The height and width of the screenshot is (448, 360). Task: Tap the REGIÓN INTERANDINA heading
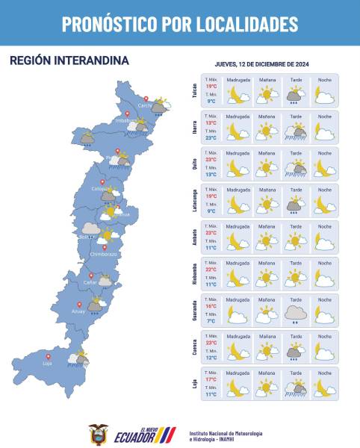69,60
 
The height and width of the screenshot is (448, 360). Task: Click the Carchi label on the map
144,106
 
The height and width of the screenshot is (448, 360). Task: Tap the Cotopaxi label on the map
100,190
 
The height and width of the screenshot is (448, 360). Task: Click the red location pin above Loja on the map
49,356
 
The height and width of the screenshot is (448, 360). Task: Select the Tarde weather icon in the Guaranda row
297,314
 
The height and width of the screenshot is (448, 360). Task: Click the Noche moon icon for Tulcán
323,95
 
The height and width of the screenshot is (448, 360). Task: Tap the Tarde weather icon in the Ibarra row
297,132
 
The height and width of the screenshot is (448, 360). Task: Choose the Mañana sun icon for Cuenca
267,350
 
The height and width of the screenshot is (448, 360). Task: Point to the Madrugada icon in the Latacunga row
238,205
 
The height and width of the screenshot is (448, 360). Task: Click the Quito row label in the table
195,164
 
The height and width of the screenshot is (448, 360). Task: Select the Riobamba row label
195,274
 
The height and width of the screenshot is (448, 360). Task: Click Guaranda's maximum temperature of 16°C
211,306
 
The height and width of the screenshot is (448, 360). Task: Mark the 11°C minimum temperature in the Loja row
211,394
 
